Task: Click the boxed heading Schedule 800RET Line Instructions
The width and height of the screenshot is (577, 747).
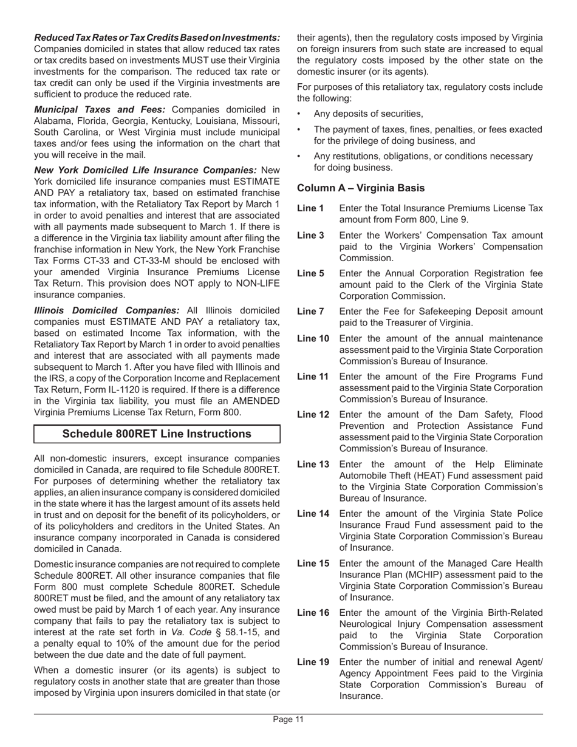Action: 157,434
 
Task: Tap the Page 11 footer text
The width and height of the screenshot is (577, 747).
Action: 288,720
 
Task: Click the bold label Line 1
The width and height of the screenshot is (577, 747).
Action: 310,208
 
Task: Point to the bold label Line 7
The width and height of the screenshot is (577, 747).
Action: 310,312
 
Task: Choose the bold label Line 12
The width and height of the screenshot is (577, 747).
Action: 313,415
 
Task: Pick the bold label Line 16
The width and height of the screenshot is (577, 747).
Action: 313,613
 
